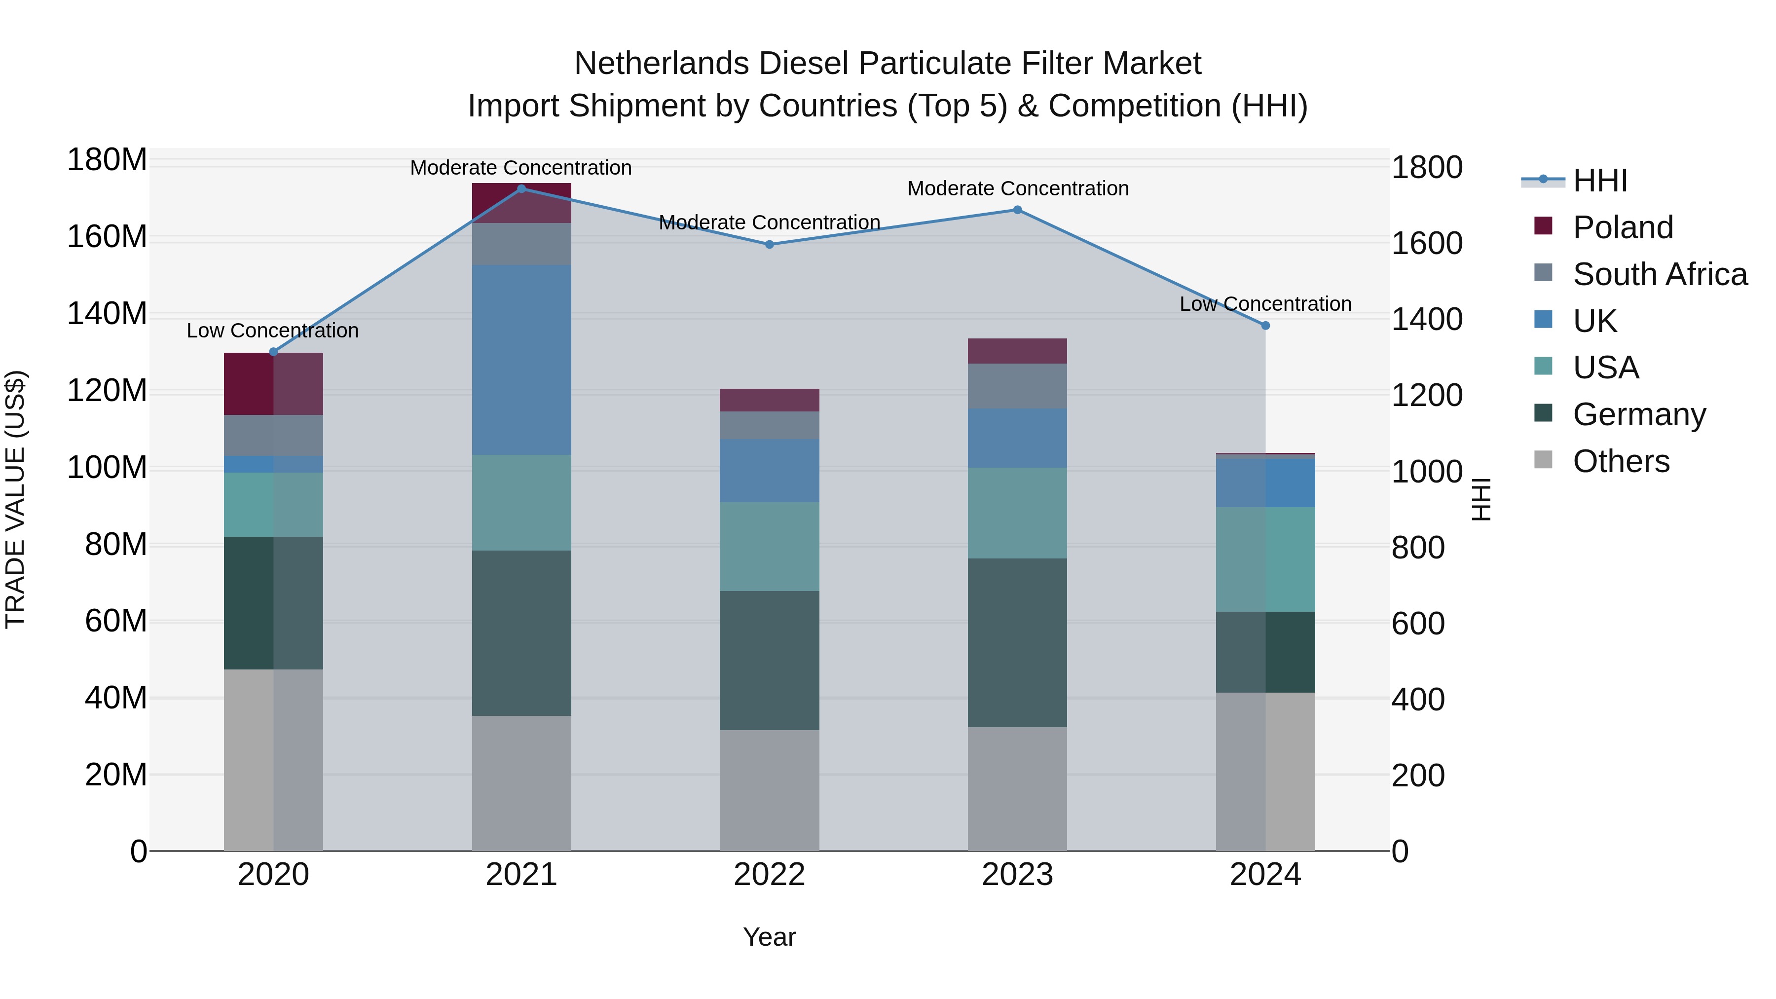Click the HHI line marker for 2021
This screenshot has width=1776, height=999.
click(521, 189)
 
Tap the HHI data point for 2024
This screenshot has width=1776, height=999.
click(1265, 326)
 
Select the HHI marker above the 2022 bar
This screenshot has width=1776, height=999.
click(770, 245)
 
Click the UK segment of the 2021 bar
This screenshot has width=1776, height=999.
click(521, 359)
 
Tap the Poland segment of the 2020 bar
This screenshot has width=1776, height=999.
click(273, 383)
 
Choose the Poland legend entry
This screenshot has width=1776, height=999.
click(1622, 227)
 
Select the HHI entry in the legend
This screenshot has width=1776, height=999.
click(1599, 181)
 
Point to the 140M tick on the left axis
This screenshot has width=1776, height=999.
click(107, 314)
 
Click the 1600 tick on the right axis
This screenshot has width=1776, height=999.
click(1426, 244)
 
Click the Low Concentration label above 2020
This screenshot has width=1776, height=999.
click(272, 331)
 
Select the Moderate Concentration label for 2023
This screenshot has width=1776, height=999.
click(1018, 189)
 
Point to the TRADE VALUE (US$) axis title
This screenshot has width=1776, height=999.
click(15, 499)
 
